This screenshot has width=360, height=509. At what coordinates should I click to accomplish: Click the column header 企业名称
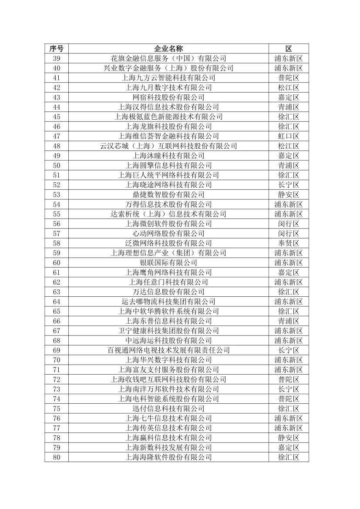tap(168, 48)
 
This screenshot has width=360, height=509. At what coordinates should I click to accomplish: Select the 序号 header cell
tap(56, 48)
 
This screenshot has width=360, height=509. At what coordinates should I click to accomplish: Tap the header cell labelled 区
tap(288, 48)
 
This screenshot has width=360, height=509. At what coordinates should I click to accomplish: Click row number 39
tap(56, 58)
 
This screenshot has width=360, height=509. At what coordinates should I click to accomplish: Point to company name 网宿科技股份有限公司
tap(168, 97)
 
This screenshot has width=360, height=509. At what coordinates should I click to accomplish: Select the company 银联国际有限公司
tap(168, 262)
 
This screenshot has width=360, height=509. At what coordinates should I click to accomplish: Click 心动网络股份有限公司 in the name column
tap(168, 233)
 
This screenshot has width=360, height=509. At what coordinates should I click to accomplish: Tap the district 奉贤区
tap(288, 243)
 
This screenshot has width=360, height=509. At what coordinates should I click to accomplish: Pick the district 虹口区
tap(288, 136)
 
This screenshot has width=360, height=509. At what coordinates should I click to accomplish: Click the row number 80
tap(56, 457)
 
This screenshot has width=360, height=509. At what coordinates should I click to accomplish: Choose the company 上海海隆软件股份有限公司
tap(168, 457)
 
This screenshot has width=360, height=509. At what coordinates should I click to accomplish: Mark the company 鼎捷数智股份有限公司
tap(168, 194)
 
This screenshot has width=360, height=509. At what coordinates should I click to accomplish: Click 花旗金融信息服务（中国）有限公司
tap(168, 58)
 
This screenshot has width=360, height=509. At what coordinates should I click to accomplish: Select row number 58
tap(56, 243)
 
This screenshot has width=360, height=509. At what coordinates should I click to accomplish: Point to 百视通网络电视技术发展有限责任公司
tap(168, 350)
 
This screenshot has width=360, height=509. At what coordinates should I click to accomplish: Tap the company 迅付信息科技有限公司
tap(168, 409)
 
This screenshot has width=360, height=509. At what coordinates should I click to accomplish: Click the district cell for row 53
tap(288, 194)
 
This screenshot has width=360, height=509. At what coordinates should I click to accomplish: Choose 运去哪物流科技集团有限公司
tap(168, 301)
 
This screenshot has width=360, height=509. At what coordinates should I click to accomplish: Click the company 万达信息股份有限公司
tap(168, 291)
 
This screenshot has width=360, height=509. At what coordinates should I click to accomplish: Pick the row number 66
tap(56, 321)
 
